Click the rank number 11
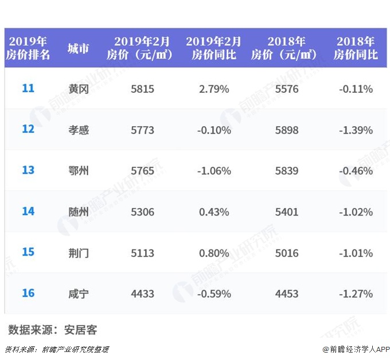[x=28, y=88]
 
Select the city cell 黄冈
[x=79, y=89]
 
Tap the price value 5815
[x=142, y=89]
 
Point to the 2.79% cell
[x=214, y=89]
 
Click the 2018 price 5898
[x=287, y=130]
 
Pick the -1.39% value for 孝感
[x=356, y=130]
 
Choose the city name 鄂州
[x=79, y=171]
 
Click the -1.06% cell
[x=214, y=171]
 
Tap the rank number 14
[x=28, y=212]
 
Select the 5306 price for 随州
[x=142, y=212]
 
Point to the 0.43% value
[x=214, y=212]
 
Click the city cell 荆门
[x=79, y=253]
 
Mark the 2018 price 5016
[x=287, y=253]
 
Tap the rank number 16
[x=28, y=294]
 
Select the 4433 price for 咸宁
[x=142, y=294]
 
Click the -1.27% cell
[x=356, y=294]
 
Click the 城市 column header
[x=79, y=48]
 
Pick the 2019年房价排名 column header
[x=28, y=48]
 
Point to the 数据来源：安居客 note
[x=53, y=330]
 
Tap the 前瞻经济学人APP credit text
[x=356, y=349]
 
